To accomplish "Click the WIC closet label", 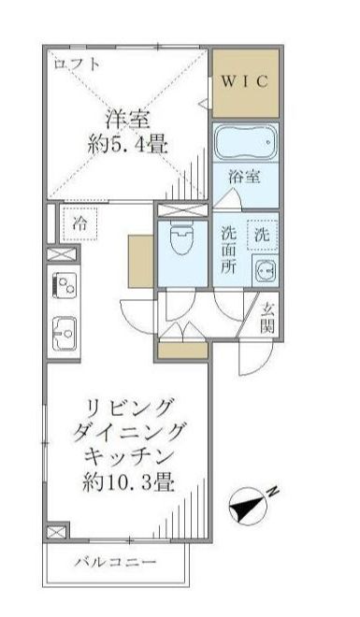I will [x=244, y=80].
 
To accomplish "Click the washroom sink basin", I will [x=264, y=272].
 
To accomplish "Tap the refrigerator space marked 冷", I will [x=80, y=223].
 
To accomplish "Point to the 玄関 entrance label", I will [x=266, y=317].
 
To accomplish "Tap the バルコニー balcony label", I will [x=117, y=562].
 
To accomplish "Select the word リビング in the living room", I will [x=131, y=409].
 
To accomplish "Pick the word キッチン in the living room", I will [x=131, y=458].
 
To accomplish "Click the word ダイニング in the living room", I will [x=131, y=433].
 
